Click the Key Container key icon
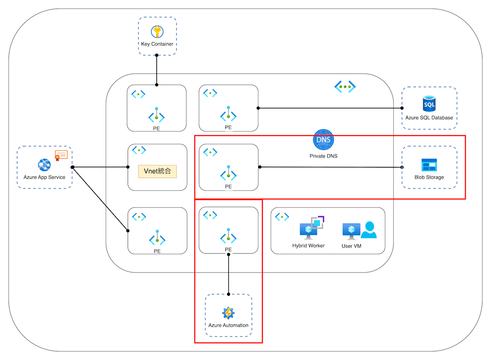coord(157,32)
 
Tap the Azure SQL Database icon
coord(429,103)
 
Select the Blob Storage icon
coord(429,165)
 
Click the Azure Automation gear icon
coord(228,313)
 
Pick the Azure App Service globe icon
coord(44,165)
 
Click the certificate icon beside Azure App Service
coord(61,155)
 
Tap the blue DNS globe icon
coord(324,140)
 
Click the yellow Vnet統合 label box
coord(158,171)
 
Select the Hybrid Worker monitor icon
coord(309,230)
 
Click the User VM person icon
coord(369,230)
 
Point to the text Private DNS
coord(324,156)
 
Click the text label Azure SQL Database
coord(429,118)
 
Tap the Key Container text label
coord(157,44)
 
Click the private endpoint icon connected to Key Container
coord(157,116)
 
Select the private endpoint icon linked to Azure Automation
coord(228,236)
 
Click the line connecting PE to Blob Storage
coord(327,167)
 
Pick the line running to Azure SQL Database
coord(327,108)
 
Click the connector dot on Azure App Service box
coord(72,167)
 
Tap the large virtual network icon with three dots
coord(345,87)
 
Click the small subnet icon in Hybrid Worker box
coord(282,216)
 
